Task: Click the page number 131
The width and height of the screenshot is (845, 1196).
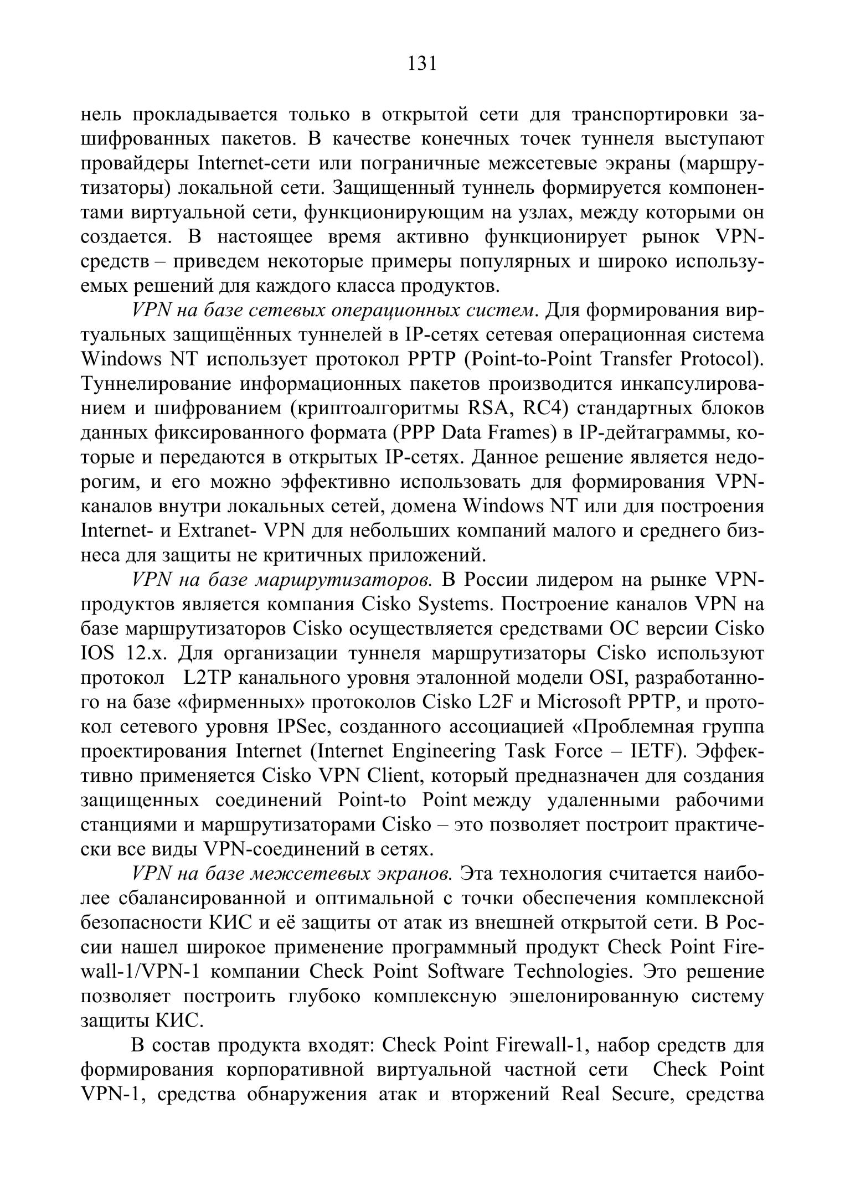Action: point(422,64)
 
